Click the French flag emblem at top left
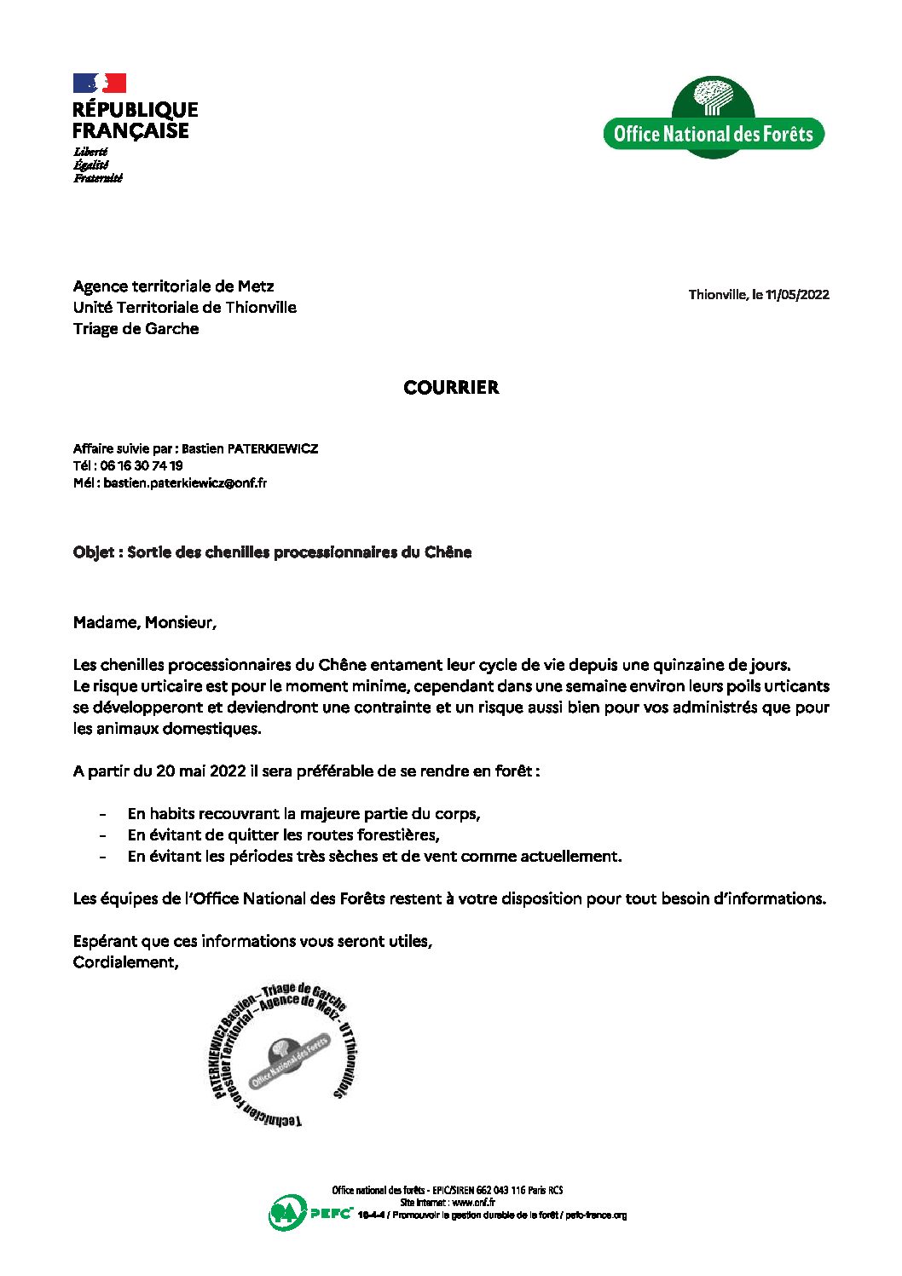(100, 83)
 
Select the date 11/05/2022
(797, 295)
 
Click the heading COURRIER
(451, 388)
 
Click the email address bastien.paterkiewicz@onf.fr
(185, 483)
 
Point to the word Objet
(94, 552)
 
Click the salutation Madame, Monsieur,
(145, 623)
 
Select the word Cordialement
(125, 962)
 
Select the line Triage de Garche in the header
(136, 329)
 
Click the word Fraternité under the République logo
(98, 178)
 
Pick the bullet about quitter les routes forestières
(283, 835)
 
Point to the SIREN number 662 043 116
(501, 1191)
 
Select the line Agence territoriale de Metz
(173, 286)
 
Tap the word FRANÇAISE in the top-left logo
(130, 131)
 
